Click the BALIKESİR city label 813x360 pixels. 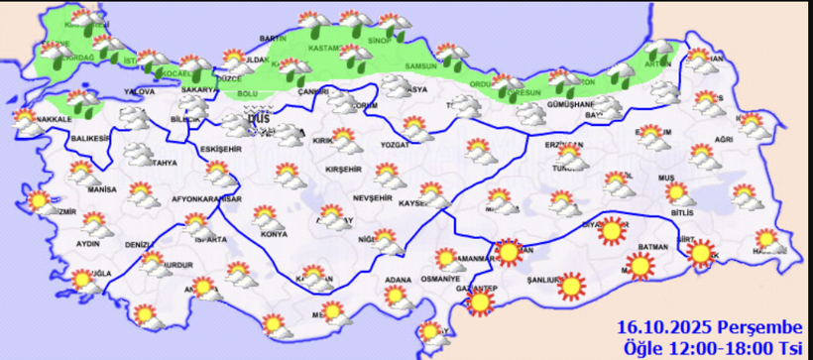pos(87,140)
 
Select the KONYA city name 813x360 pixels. pos(274,234)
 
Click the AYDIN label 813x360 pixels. pos(86,241)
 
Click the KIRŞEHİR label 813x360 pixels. pos(344,171)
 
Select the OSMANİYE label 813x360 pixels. pos(440,279)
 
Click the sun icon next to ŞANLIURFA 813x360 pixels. pos(572,287)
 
